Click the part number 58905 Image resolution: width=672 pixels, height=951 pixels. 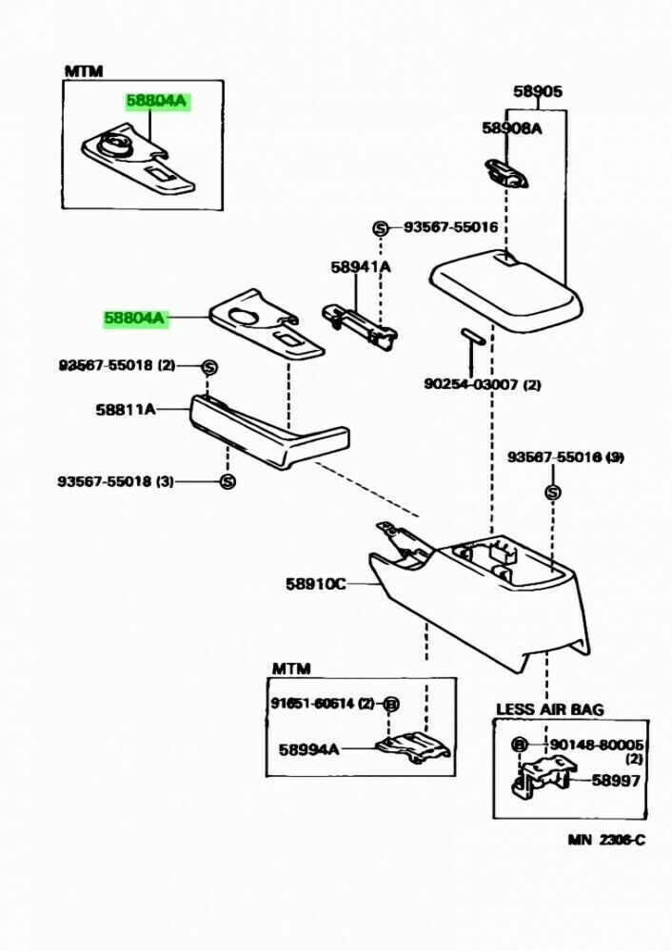tap(538, 92)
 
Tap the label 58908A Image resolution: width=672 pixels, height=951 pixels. tap(511, 129)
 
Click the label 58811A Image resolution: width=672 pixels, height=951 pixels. tap(125, 410)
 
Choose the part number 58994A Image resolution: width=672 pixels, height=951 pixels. tap(308, 748)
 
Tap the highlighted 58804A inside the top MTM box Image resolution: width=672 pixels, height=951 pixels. tap(158, 100)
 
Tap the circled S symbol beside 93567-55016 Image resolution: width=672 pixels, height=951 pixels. tap(381, 228)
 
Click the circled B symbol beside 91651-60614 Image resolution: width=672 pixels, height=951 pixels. tap(390, 704)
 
